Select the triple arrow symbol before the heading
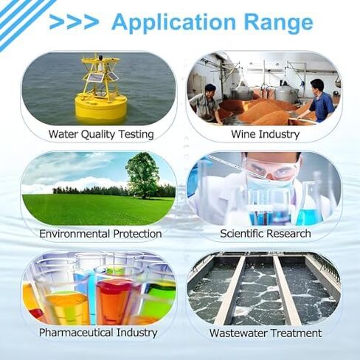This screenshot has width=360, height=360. point(74,22)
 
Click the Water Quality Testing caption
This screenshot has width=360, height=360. point(101,134)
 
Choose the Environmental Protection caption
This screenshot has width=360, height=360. point(100,234)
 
